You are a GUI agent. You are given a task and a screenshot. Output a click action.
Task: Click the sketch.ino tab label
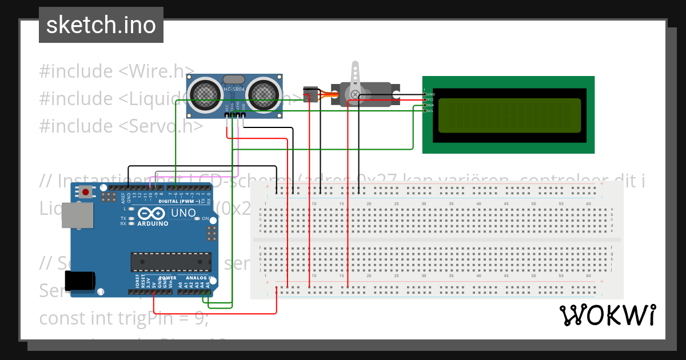tap(101, 25)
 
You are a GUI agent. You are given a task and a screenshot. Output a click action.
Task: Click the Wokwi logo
tap(607, 315)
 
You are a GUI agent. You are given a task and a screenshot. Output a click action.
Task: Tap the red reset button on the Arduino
tap(86, 192)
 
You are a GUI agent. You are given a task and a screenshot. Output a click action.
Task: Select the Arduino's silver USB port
tap(77, 215)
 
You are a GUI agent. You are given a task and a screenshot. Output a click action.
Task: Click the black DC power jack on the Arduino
tap(80, 281)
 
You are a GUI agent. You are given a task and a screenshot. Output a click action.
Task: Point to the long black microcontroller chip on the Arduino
tap(170, 261)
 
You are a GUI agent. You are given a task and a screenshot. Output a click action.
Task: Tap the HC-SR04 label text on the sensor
tap(234, 89)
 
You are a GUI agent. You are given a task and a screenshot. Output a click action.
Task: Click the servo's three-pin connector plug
tap(310, 94)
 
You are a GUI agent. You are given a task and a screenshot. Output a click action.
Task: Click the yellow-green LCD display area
tap(509, 114)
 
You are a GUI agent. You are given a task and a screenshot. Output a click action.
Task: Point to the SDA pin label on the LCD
tap(430, 105)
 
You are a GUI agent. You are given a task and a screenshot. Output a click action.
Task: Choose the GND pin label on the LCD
tap(430, 94)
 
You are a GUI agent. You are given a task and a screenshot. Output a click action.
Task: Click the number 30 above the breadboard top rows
tap(424, 204)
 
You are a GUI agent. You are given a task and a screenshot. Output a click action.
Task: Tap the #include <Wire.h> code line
tap(117, 71)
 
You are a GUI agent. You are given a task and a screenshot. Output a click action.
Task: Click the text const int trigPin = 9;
tap(123, 318)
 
